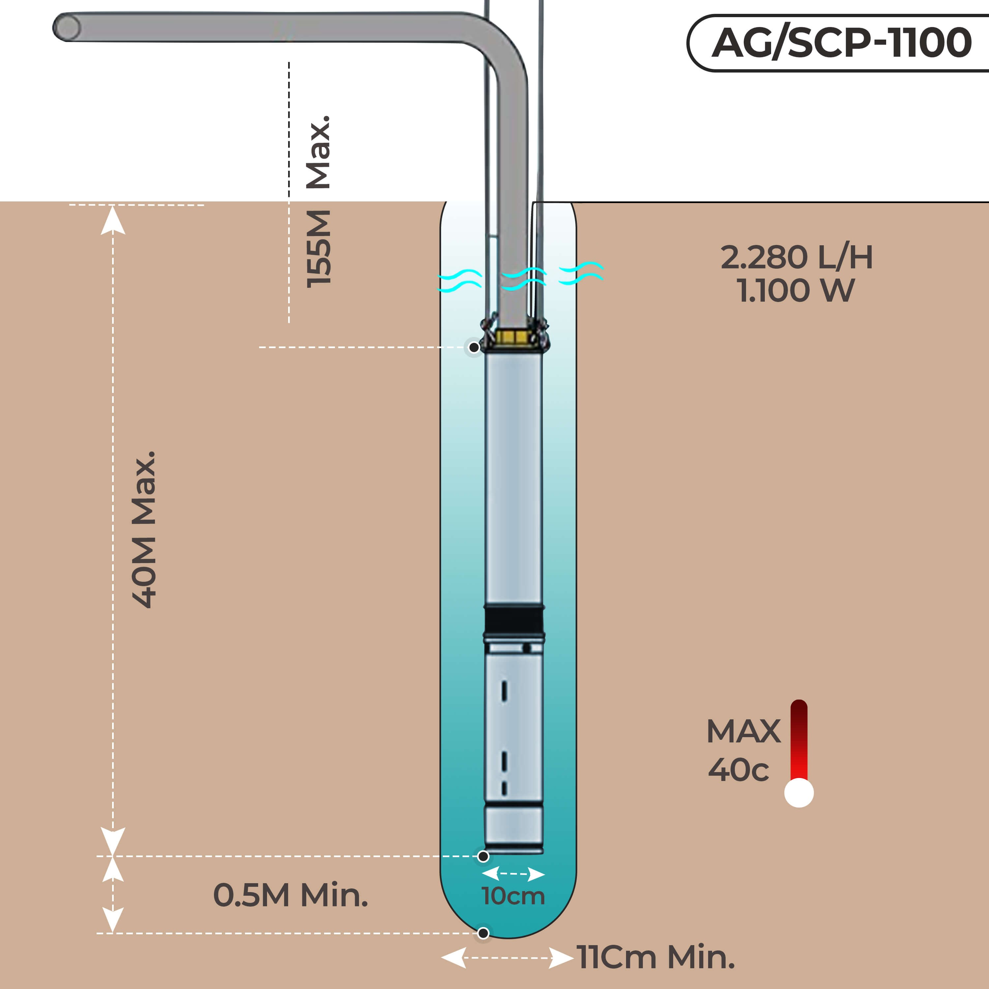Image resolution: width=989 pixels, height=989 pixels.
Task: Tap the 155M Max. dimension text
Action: (318, 202)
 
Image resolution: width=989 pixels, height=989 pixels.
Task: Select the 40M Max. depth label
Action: (144, 529)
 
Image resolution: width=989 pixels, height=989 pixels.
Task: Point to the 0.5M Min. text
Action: (290, 895)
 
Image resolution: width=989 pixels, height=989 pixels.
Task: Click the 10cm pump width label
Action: (513, 896)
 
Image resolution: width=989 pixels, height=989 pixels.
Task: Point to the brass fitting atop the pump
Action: (513, 336)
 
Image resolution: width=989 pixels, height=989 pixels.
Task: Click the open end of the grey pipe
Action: (67, 27)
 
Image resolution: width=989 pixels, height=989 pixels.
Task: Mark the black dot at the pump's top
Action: (474, 347)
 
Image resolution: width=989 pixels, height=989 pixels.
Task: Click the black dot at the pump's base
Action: (483, 856)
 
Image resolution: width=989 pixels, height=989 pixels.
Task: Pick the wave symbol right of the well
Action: (581, 273)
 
